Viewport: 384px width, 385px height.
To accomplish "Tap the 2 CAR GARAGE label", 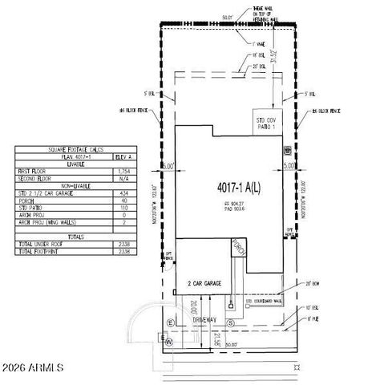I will coord(205,283).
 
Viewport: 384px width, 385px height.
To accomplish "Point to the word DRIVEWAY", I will coord(203,319).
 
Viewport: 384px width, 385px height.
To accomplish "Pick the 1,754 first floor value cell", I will coord(124,172).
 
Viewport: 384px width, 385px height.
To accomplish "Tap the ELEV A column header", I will coord(124,158).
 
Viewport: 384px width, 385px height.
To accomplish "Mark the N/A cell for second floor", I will coord(124,178).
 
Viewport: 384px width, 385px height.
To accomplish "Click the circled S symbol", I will coord(230,322).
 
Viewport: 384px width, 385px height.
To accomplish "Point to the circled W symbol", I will coord(168,342).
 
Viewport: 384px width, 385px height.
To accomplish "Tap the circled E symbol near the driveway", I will coord(169,322).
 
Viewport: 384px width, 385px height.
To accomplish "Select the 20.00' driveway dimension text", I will coord(193,306).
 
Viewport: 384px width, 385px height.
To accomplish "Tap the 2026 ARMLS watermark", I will coord(33,368).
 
